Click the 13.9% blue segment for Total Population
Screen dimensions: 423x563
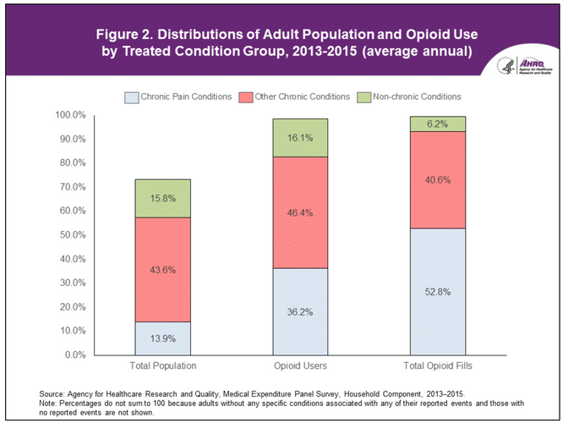(162, 338)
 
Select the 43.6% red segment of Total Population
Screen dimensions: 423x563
(162, 269)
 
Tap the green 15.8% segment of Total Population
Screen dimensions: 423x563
(162, 198)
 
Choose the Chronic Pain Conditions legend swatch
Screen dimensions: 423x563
(132, 96)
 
